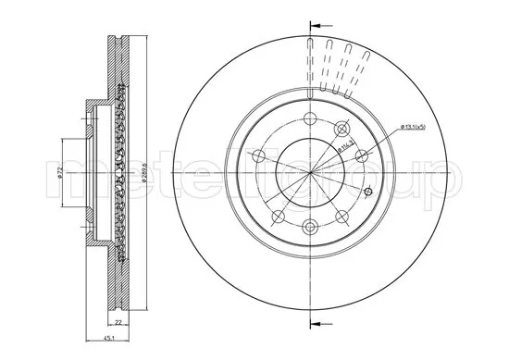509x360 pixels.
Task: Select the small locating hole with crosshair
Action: [x=369, y=192]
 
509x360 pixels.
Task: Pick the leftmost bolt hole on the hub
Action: [x=261, y=155]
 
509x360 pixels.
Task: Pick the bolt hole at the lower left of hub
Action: [x=278, y=216]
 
